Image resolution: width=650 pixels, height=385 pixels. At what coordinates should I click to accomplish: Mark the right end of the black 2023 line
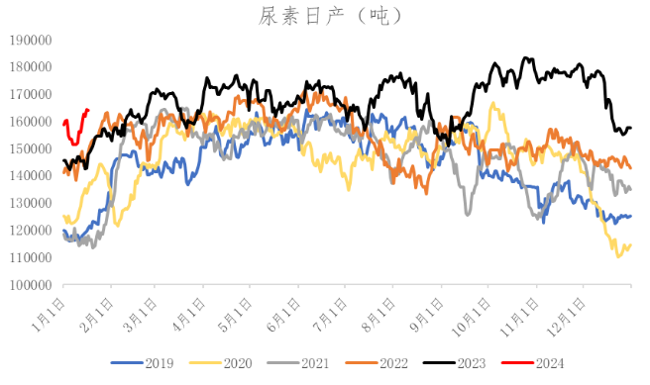pos(631,128)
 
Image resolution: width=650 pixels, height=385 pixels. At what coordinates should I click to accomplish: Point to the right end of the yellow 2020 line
pos(631,244)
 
